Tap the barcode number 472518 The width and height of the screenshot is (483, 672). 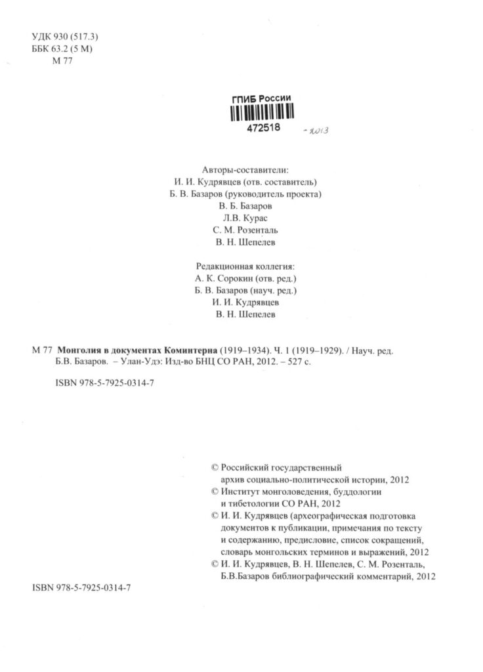(264, 129)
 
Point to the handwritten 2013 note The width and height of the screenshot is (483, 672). (317, 131)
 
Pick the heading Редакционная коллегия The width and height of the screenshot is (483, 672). (245, 266)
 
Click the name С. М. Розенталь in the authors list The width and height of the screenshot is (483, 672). (245, 230)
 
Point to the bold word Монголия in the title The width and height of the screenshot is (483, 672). (80, 350)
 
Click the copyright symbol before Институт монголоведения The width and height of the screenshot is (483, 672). (213, 492)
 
